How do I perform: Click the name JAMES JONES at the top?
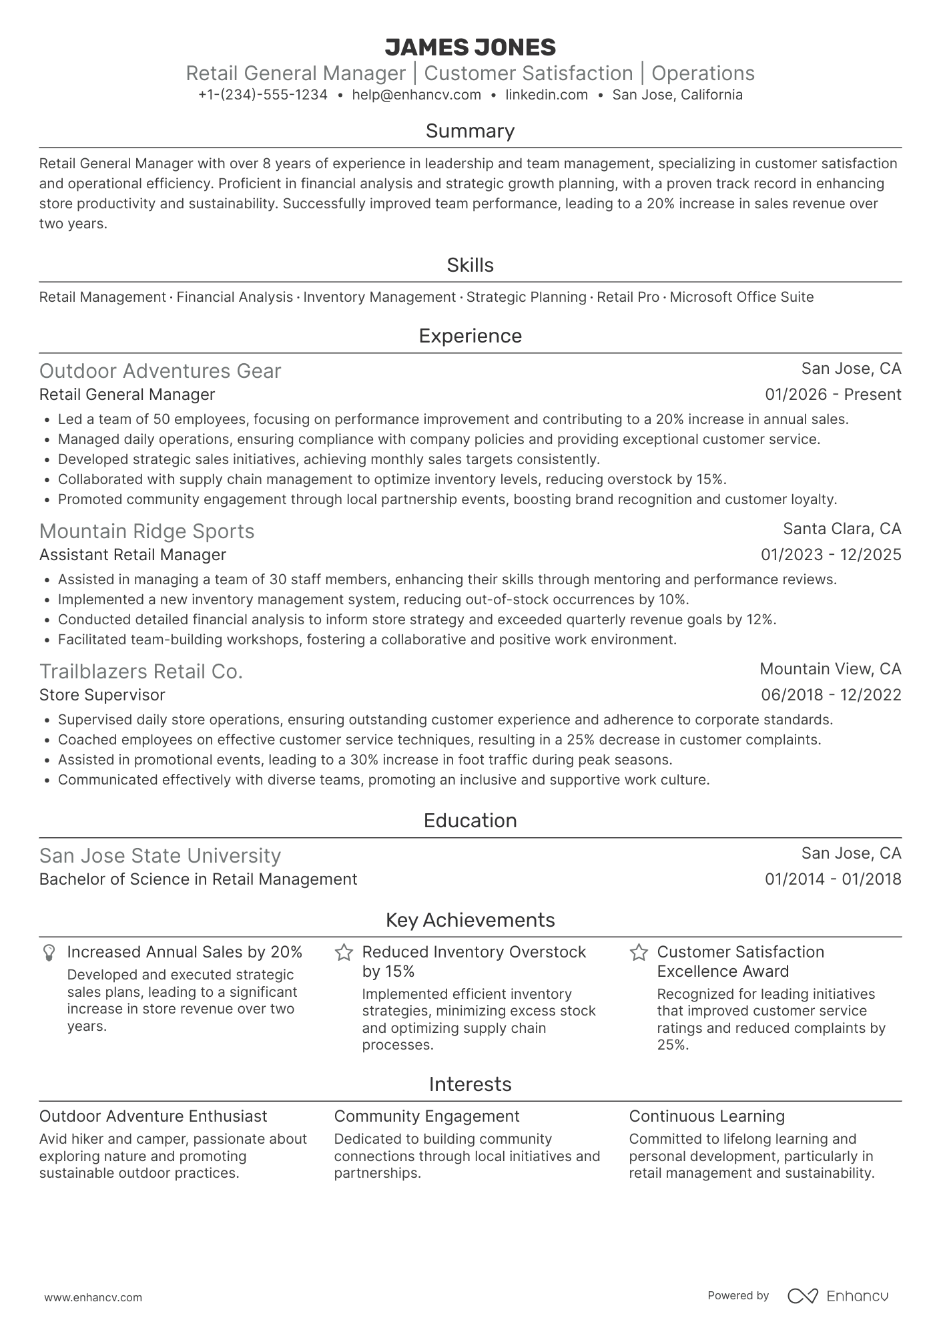click(x=470, y=47)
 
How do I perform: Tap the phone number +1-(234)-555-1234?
click(x=263, y=95)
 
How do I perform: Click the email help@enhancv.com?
click(x=416, y=95)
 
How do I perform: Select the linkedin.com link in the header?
click(x=547, y=95)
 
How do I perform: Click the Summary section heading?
click(x=470, y=131)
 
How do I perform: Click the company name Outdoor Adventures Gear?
click(x=160, y=371)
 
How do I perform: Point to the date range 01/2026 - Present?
click(x=833, y=395)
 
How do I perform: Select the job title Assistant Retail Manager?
click(x=133, y=555)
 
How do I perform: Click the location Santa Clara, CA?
click(x=842, y=529)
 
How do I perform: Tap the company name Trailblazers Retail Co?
click(x=141, y=672)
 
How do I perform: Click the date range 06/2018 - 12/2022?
click(x=831, y=695)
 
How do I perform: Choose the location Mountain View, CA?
click(x=830, y=669)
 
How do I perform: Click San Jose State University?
click(x=160, y=856)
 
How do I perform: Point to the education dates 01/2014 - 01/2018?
click(x=833, y=879)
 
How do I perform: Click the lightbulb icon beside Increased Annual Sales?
click(x=49, y=953)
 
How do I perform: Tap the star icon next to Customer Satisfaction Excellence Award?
click(x=639, y=953)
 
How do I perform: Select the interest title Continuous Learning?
click(x=707, y=1116)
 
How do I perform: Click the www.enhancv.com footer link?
click(x=93, y=1298)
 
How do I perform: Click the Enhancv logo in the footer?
click(x=838, y=1296)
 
